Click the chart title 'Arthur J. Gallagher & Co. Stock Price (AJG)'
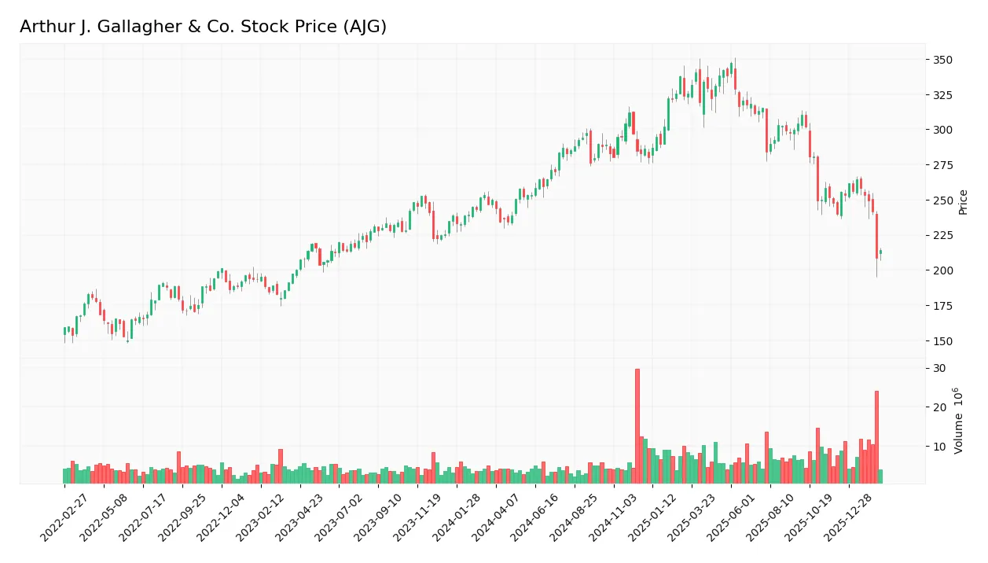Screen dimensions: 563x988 [203, 27]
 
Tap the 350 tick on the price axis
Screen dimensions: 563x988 [942, 61]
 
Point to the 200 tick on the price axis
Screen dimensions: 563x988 [942, 270]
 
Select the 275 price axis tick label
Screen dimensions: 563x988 [942, 165]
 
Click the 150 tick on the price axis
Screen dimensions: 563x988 [942, 341]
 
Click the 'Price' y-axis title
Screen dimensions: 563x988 [963, 201]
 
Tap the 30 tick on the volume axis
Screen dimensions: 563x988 [939, 369]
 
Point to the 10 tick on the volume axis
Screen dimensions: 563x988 [939, 447]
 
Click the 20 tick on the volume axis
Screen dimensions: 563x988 [939, 407]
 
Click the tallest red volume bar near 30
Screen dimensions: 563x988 [637, 426]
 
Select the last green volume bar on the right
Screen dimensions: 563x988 [880, 477]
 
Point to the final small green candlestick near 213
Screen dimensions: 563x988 [880, 252]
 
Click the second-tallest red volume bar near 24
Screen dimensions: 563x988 [876, 437]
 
